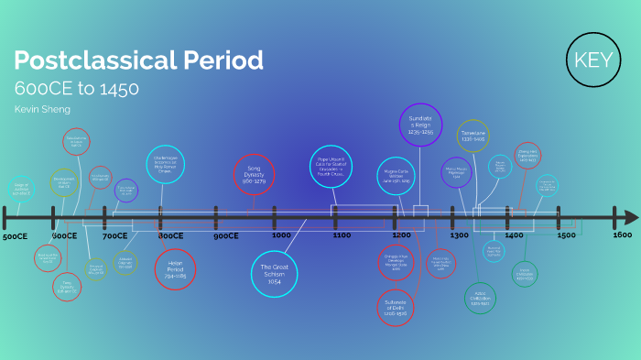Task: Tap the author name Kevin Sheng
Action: coord(42,109)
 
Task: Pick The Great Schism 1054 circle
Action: coord(275,273)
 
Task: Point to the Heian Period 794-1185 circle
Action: coord(176,268)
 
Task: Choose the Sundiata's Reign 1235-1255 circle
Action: coord(420,125)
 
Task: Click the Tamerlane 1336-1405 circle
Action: coord(473,136)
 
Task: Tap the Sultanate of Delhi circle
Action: coord(396,307)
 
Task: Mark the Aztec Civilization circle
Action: coord(480,299)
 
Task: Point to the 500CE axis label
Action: coord(16,236)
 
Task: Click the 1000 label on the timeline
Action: coord(281,235)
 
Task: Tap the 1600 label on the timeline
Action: coord(622,235)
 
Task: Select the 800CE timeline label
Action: coord(170,235)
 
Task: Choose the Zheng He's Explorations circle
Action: coord(527,155)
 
